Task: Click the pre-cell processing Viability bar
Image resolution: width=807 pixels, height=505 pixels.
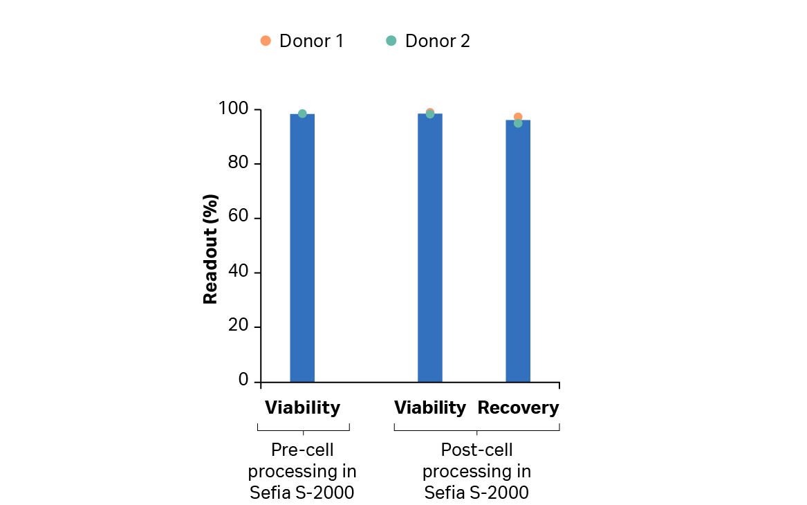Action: tap(302, 249)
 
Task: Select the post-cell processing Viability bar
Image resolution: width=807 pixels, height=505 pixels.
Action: tap(430, 249)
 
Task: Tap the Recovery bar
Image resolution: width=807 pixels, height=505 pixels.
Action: tap(518, 252)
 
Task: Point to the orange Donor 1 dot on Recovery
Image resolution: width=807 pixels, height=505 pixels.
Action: tap(518, 117)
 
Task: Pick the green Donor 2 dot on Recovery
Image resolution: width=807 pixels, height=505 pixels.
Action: tap(518, 123)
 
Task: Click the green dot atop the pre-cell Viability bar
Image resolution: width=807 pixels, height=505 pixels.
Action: tap(302, 113)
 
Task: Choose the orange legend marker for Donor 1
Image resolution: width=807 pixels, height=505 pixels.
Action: tap(266, 41)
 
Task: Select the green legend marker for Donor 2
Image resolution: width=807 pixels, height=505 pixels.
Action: tap(391, 41)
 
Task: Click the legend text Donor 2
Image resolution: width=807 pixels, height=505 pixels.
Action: tap(437, 42)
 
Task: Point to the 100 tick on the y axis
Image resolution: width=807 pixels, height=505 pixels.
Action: tap(233, 109)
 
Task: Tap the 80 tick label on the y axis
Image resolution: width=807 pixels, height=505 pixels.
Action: tap(239, 163)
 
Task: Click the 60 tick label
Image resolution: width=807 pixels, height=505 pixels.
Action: tap(239, 218)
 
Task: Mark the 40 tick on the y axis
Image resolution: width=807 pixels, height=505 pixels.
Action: tap(239, 272)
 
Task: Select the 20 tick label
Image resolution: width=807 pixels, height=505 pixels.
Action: tap(239, 327)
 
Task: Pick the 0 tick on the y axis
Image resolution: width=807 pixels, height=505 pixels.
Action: tap(243, 380)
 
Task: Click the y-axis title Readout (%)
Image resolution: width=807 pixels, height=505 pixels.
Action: tap(211, 249)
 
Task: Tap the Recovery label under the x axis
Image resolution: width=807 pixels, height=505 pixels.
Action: tap(518, 408)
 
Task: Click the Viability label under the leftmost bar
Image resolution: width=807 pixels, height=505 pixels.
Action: tap(302, 408)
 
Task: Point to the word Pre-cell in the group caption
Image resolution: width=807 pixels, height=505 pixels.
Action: tap(302, 450)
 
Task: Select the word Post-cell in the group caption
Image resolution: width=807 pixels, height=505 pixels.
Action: tap(476, 450)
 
